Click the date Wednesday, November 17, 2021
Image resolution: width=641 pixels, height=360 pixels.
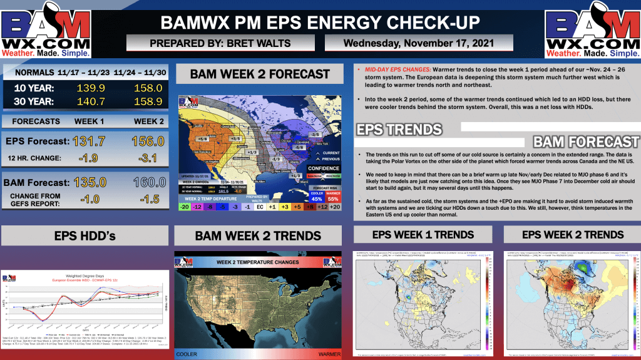click(419, 43)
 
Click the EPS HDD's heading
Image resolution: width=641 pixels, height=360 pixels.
click(85, 236)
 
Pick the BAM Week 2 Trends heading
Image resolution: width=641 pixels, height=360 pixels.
click(259, 236)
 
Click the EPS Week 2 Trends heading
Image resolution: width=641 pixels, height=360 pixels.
click(573, 235)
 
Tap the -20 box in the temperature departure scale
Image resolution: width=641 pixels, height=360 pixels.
click(185, 207)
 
